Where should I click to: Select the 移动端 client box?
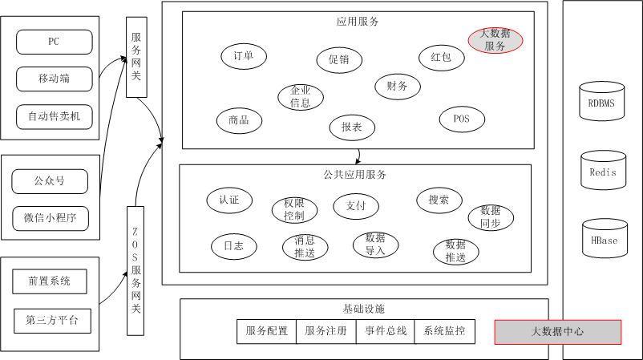[x=54, y=79]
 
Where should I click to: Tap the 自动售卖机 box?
[x=54, y=116]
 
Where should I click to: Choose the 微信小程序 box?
[x=50, y=218]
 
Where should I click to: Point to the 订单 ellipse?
[x=244, y=55]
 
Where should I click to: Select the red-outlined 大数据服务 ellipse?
[x=495, y=40]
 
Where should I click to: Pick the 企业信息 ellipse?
[x=301, y=97]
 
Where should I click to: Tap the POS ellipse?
[x=462, y=119]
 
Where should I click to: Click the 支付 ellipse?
[x=356, y=206]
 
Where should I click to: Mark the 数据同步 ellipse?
[x=491, y=217]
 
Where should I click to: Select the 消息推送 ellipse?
[x=305, y=247]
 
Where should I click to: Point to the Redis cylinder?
[x=602, y=170]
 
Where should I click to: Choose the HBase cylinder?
[x=603, y=238]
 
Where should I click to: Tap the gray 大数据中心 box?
[x=557, y=331]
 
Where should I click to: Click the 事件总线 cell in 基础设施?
[x=386, y=331]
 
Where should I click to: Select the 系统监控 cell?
[x=444, y=331]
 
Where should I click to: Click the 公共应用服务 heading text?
[x=355, y=174]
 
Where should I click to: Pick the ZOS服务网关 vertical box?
[x=135, y=269]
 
